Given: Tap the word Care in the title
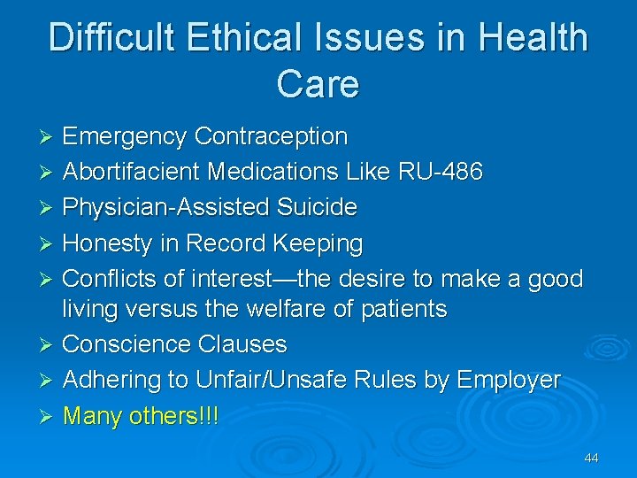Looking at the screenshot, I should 318,84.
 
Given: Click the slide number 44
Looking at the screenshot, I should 591,458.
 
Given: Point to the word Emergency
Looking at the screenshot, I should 125,137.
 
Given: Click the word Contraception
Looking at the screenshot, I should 271,137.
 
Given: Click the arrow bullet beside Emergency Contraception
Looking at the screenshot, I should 50,138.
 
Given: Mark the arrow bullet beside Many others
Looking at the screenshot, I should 50,415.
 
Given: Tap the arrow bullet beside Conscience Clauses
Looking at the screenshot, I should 50,345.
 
